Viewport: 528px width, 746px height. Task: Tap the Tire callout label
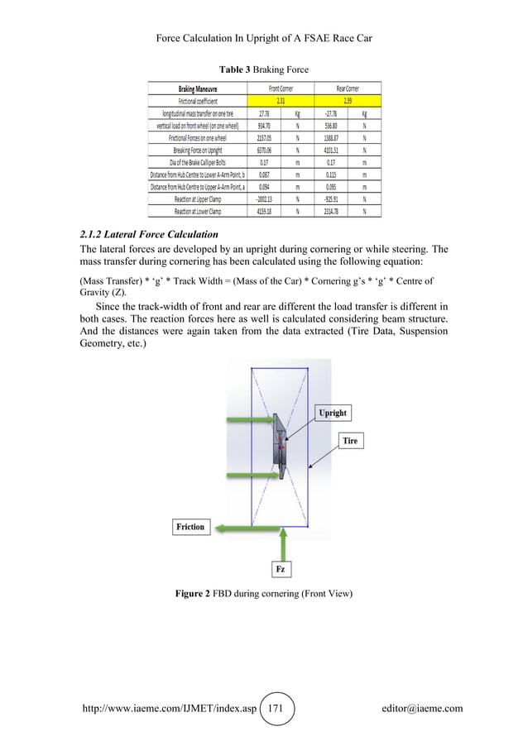click(x=351, y=441)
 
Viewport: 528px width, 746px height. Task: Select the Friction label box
click(x=190, y=527)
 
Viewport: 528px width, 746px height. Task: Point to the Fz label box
click(x=281, y=570)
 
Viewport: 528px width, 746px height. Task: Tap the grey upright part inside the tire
click(x=281, y=447)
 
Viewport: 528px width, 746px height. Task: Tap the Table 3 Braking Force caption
click(x=263, y=69)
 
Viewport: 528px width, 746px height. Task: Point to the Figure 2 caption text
click(x=263, y=593)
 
